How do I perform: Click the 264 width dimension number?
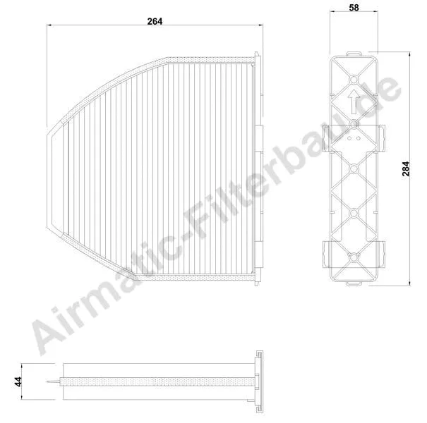pyautogui.click(x=155, y=21)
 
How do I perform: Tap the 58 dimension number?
pyautogui.click(x=354, y=8)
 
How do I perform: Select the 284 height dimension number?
pyautogui.click(x=406, y=169)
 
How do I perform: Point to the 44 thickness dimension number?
pyautogui.click(x=18, y=381)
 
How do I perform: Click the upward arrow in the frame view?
pyautogui.click(x=354, y=102)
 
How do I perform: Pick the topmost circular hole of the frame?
pyautogui.click(x=354, y=80)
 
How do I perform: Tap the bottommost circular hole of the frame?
pyautogui.click(x=354, y=257)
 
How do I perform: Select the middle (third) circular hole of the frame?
pyautogui.click(x=354, y=168)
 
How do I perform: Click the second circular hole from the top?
pyautogui.click(x=354, y=124)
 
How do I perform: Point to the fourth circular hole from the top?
pyautogui.click(x=354, y=213)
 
